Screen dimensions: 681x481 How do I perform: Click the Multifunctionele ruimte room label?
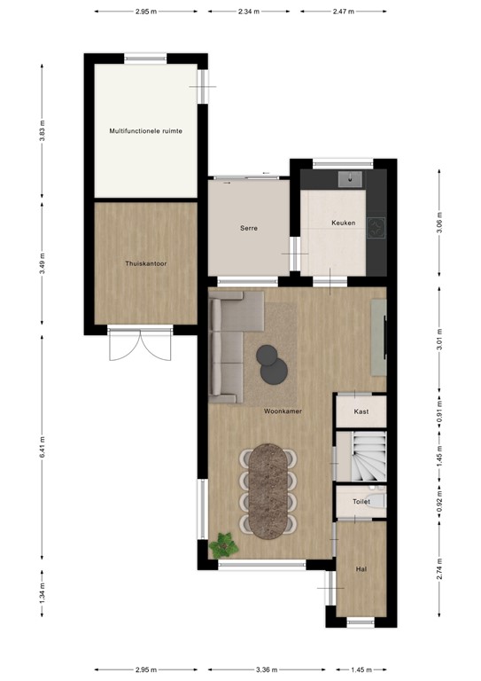(x=146, y=130)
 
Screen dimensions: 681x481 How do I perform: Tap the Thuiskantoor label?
(x=146, y=263)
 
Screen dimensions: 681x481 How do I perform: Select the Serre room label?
(x=249, y=228)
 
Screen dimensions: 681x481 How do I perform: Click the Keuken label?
(x=344, y=223)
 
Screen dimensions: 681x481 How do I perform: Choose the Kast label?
(x=361, y=412)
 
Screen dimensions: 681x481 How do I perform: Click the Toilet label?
(x=361, y=502)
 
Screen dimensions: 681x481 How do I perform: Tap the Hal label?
(x=361, y=568)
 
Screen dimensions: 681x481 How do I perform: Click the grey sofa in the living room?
(x=232, y=348)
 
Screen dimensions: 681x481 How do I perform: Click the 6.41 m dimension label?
(x=42, y=450)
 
